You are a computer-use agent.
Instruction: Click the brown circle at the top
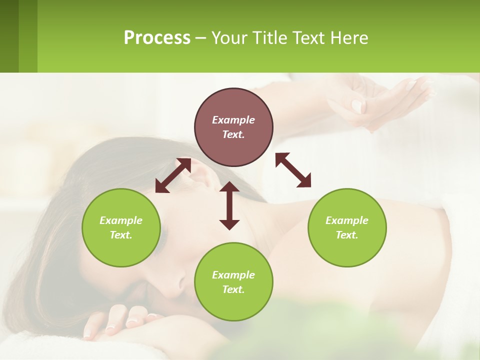coord(233,127)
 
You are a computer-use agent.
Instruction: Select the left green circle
coord(121,227)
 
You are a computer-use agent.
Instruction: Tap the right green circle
coord(347,227)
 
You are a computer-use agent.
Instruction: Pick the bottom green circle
coord(233,282)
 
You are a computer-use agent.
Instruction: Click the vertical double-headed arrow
coord(229,205)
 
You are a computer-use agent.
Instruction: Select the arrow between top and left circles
coord(173,175)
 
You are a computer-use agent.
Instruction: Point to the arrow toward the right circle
coord(293,170)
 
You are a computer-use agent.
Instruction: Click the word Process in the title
coord(157,37)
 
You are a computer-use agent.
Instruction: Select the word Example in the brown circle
coord(233,120)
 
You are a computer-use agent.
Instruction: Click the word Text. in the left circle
coord(121,235)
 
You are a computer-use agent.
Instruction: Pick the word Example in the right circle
coord(347,220)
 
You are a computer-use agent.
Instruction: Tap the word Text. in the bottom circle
coord(233,289)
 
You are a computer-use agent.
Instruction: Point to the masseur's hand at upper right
coord(380,100)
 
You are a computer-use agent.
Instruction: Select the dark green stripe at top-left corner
coord(9,36)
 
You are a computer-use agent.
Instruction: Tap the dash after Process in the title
coord(200,38)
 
